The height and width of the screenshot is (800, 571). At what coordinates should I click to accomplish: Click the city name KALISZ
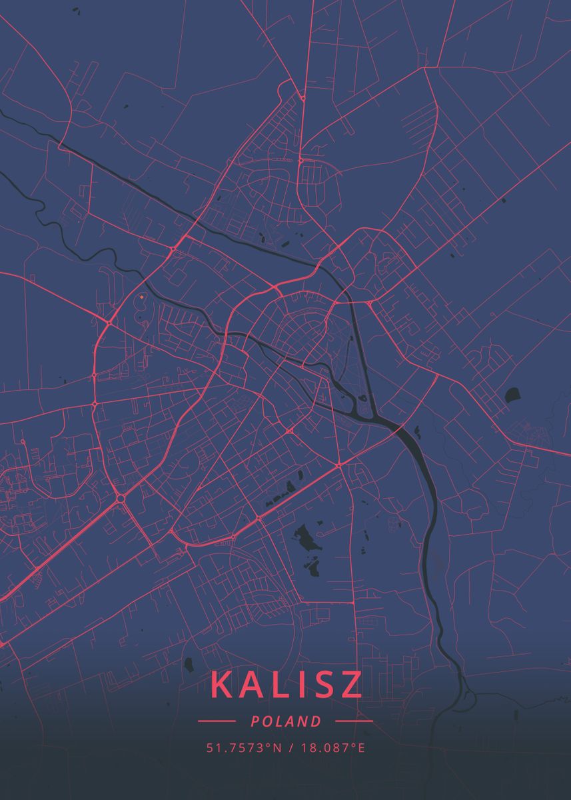pos(286,685)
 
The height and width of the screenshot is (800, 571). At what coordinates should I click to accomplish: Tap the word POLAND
pos(286,721)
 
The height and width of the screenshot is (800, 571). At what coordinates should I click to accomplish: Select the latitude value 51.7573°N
pos(244,748)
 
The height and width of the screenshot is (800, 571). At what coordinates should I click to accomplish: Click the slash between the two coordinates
pos(291,748)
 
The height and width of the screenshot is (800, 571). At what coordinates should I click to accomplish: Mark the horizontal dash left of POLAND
pos(217,721)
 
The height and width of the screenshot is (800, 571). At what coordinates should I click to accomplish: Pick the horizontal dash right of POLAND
pos(354,721)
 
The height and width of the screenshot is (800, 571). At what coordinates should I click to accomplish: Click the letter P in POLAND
pos(256,721)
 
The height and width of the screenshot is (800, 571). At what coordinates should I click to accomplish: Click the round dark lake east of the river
pos(514,395)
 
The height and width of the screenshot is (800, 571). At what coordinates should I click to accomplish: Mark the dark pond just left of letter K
pos(189,665)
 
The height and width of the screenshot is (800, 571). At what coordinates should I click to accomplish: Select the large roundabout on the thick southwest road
pos(121,498)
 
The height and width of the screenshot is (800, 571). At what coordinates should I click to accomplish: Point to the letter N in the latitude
pos(280,748)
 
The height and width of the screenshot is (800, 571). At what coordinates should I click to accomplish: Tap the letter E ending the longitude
pos(362,748)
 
